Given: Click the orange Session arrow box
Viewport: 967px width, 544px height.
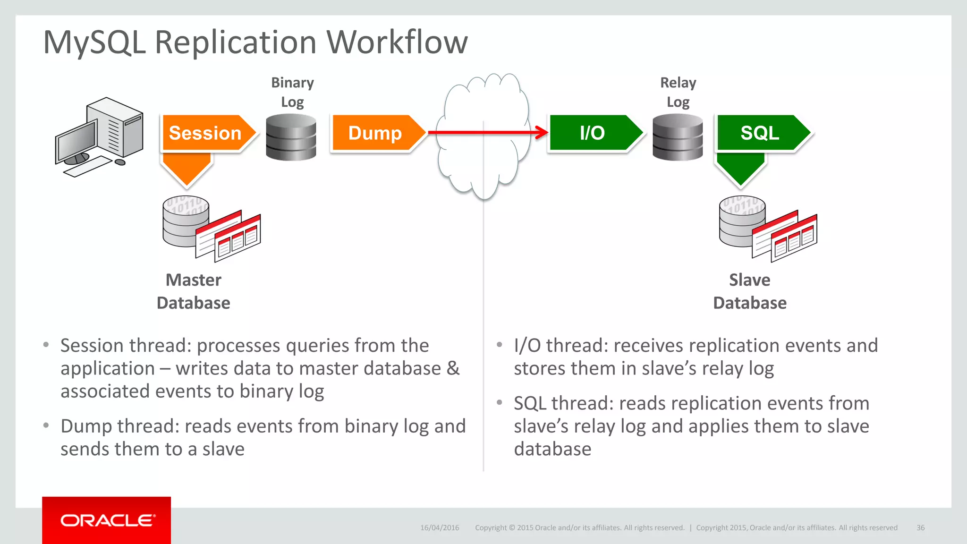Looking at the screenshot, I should pos(205,133).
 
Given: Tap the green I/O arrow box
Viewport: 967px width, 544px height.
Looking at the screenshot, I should pos(593,133).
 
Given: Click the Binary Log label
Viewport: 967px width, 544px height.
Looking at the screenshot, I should pos(292,92).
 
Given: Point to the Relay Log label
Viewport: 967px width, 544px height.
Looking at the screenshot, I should pos(678,92).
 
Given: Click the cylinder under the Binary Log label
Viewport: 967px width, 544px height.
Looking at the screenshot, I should pos(291,137).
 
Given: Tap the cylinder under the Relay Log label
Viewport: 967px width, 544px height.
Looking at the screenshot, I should pos(678,137).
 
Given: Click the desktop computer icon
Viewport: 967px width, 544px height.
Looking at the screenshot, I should pos(100,137).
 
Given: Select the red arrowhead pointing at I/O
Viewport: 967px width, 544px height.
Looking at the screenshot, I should pos(542,133).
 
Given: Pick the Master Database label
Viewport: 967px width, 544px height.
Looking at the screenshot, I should pos(194,291).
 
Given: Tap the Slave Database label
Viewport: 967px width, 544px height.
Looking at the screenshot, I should pos(750,291).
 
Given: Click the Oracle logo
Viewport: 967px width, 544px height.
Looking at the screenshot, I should pos(107,520).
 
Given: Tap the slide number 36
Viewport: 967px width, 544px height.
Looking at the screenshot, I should pos(920,527).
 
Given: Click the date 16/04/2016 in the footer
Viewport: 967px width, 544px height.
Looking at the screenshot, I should pos(440,527).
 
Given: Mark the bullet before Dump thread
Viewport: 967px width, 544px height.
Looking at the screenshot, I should pos(46,426).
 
